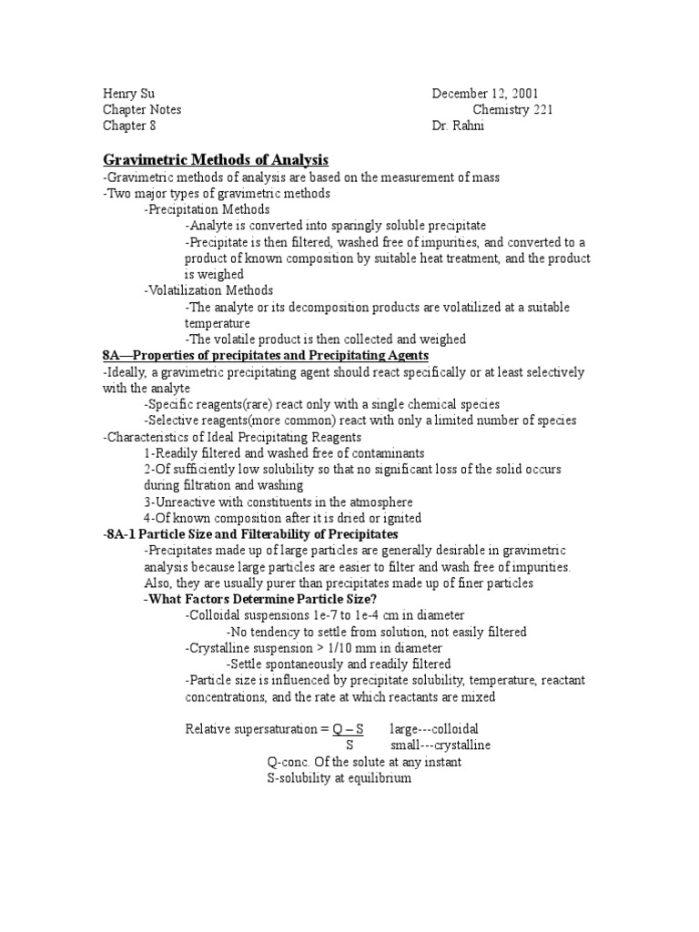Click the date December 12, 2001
[491, 94]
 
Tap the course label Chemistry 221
[512, 110]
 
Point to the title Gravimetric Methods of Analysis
[215, 160]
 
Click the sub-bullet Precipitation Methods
[207, 209]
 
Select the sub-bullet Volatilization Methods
[208, 290]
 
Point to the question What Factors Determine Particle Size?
[259, 599]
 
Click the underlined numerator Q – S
[349, 729]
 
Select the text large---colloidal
[434, 729]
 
